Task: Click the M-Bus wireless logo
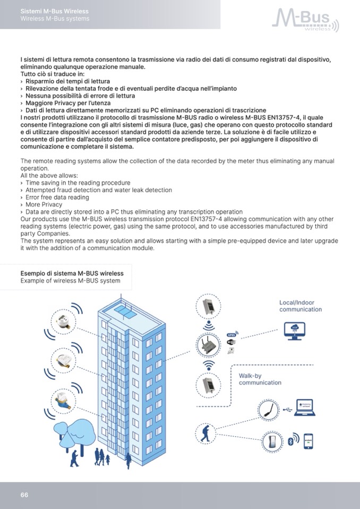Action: point(305,20)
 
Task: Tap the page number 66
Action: point(24,495)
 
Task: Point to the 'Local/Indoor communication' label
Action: point(301,306)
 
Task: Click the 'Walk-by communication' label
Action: point(260,379)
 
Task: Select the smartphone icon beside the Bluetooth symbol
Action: point(308,441)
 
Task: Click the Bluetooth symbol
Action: point(290,441)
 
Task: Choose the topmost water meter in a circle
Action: point(63,320)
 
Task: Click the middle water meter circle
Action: point(63,360)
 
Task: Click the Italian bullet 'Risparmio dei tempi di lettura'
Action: point(67,82)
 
